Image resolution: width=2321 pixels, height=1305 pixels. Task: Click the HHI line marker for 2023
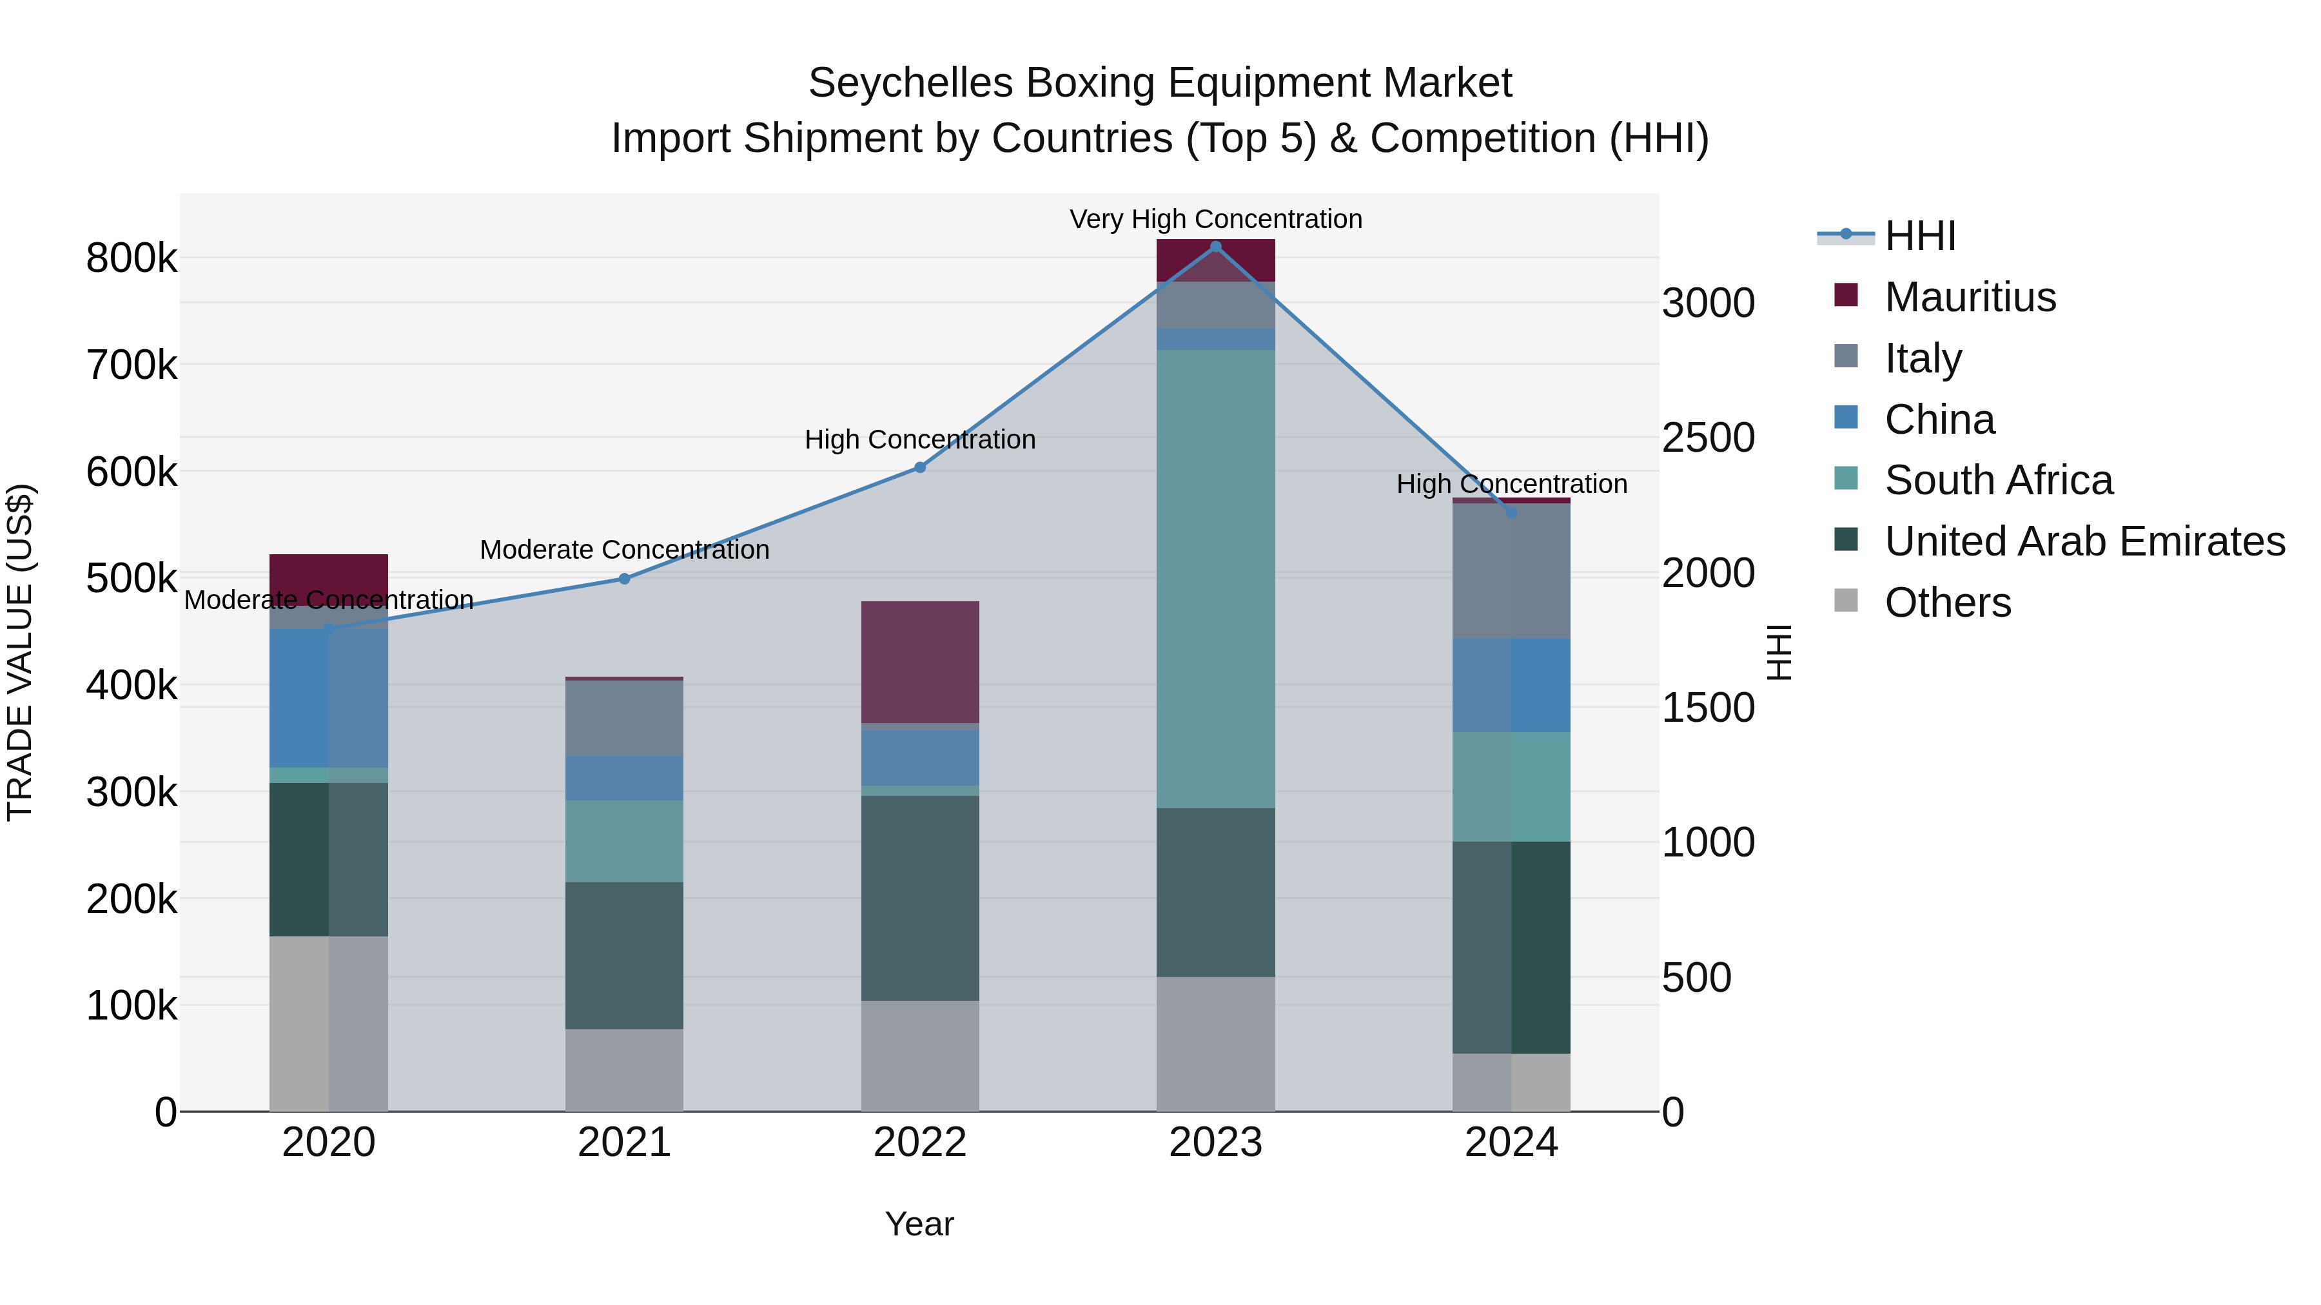[1215, 247]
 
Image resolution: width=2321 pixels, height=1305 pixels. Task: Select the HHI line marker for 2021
[624, 579]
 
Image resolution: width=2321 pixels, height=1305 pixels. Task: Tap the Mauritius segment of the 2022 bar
[920, 662]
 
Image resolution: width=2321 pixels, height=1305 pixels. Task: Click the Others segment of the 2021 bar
[624, 1070]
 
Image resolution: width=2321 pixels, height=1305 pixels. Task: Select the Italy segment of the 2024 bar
[1511, 571]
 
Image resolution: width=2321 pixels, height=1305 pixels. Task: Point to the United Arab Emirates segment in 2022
[920, 898]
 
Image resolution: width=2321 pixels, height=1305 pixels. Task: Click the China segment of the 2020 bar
[328, 698]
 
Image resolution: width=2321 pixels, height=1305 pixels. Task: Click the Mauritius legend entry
[1970, 297]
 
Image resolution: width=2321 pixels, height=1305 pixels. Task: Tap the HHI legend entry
[1919, 236]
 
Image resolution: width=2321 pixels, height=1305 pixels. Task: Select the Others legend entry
[1947, 603]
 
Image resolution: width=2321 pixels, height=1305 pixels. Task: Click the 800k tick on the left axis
[132, 258]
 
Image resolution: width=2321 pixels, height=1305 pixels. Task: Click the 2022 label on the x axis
[920, 1143]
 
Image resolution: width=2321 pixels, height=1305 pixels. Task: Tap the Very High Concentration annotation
[1215, 219]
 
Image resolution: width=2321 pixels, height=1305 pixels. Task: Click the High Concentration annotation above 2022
[920, 440]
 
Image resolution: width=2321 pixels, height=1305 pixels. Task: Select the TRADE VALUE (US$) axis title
[20, 652]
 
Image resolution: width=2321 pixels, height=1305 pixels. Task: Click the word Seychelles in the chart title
[910, 83]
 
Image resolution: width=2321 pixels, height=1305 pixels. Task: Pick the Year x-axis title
[919, 1224]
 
